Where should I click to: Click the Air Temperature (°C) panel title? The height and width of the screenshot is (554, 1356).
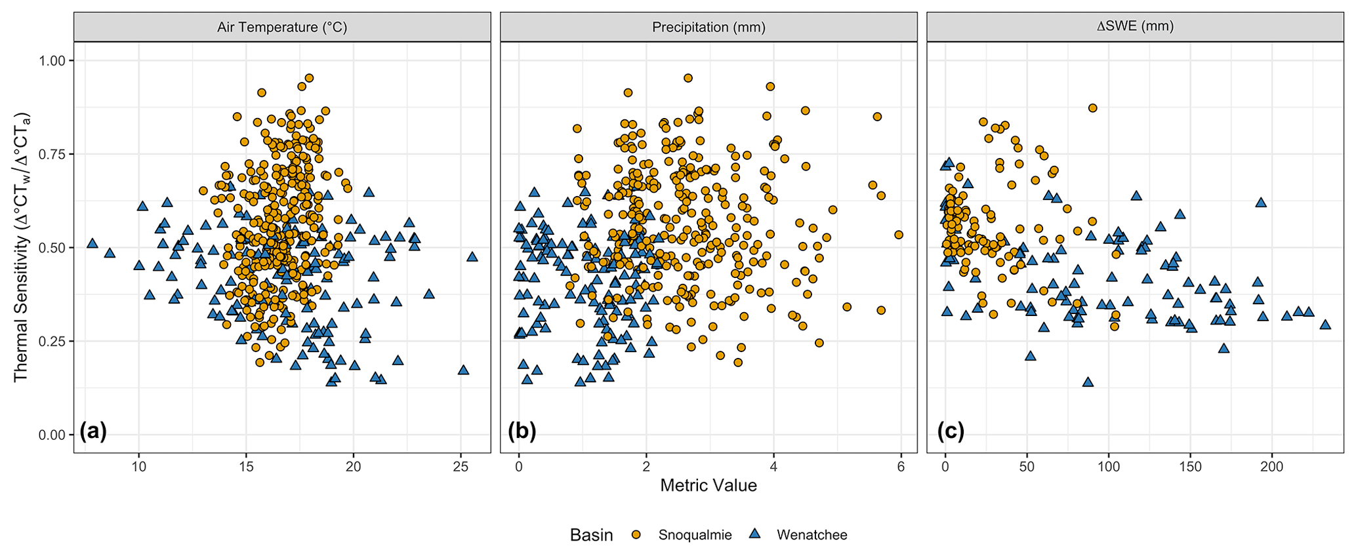[x=282, y=28]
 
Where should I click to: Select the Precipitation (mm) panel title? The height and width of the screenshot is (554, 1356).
[x=709, y=28]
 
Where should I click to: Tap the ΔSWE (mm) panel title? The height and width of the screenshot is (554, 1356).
[x=1135, y=28]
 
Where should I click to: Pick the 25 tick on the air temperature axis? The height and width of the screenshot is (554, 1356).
[x=461, y=467]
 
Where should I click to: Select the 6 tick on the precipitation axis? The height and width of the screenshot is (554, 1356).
[x=901, y=467]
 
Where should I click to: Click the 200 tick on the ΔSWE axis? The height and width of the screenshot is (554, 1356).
[x=1272, y=467]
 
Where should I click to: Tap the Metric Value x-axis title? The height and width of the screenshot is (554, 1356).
[x=709, y=486]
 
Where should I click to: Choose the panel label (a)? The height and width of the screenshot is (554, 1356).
[x=92, y=431]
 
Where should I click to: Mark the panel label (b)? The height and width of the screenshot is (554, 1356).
[x=522, y=431]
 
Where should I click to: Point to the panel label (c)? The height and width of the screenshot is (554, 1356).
[x=950, y=431]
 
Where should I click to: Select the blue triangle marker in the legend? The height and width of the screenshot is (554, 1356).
[x=754, y=535]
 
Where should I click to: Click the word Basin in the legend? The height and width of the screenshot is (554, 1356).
[x=591, y=535]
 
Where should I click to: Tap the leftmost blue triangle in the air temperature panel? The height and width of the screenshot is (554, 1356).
[x=92, y=243]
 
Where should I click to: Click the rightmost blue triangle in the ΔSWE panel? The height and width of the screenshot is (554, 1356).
[x=1325, y=325]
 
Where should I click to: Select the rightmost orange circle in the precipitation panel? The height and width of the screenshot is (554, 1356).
[x=899, y=235]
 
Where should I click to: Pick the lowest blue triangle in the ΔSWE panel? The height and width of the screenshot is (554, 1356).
[x=1088, y=382]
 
